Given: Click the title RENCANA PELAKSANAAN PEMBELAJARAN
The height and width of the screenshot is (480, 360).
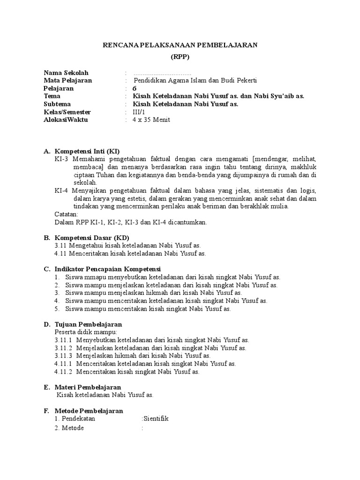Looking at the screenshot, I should [180, 45].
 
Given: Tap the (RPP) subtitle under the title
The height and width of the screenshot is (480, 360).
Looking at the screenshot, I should [180, 57].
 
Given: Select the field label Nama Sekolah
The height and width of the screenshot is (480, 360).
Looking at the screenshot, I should [66, 73].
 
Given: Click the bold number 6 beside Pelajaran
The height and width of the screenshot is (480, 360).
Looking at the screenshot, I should [135, 89].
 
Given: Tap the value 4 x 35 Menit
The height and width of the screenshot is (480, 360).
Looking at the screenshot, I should [151, 120].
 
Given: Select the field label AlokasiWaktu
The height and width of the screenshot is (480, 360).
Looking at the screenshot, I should [66, 120].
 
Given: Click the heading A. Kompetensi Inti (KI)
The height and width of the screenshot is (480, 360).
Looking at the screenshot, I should [82, 151].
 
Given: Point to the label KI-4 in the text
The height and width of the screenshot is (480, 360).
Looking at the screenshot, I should [62, 191].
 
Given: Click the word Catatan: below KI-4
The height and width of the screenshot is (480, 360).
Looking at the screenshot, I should [67, 214].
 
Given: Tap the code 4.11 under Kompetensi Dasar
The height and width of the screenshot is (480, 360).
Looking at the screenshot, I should [61, 254].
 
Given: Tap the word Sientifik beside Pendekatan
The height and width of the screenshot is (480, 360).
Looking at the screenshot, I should [156, 419].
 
